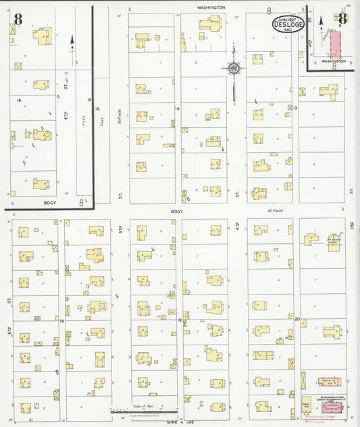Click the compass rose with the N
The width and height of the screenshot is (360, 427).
(x=234, y=68)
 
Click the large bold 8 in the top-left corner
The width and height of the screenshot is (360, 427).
(x=18, y=20)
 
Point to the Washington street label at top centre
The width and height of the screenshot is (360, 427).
(x=210, y=7)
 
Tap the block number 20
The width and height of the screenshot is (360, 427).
(x=297, y=318)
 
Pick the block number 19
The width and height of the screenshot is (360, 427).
(x=178, y=320)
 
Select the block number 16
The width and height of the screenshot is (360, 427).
(x=20, y=100)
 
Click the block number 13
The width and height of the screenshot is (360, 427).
(x=296, y=107)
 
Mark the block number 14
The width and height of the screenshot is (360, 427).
(x=178, y=108)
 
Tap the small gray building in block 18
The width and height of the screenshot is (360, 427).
(x=38, y=317)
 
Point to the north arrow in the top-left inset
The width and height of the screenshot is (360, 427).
(x=72, y=41)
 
